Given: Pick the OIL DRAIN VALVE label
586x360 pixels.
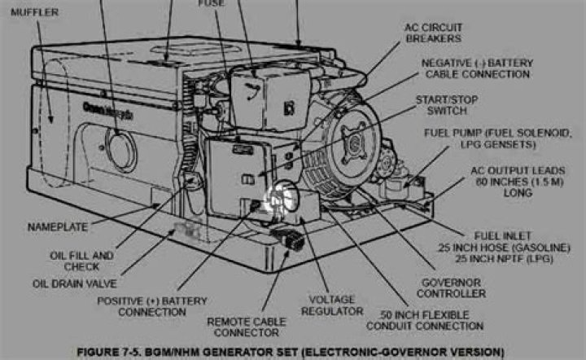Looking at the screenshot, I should click(x=74, y=283).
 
